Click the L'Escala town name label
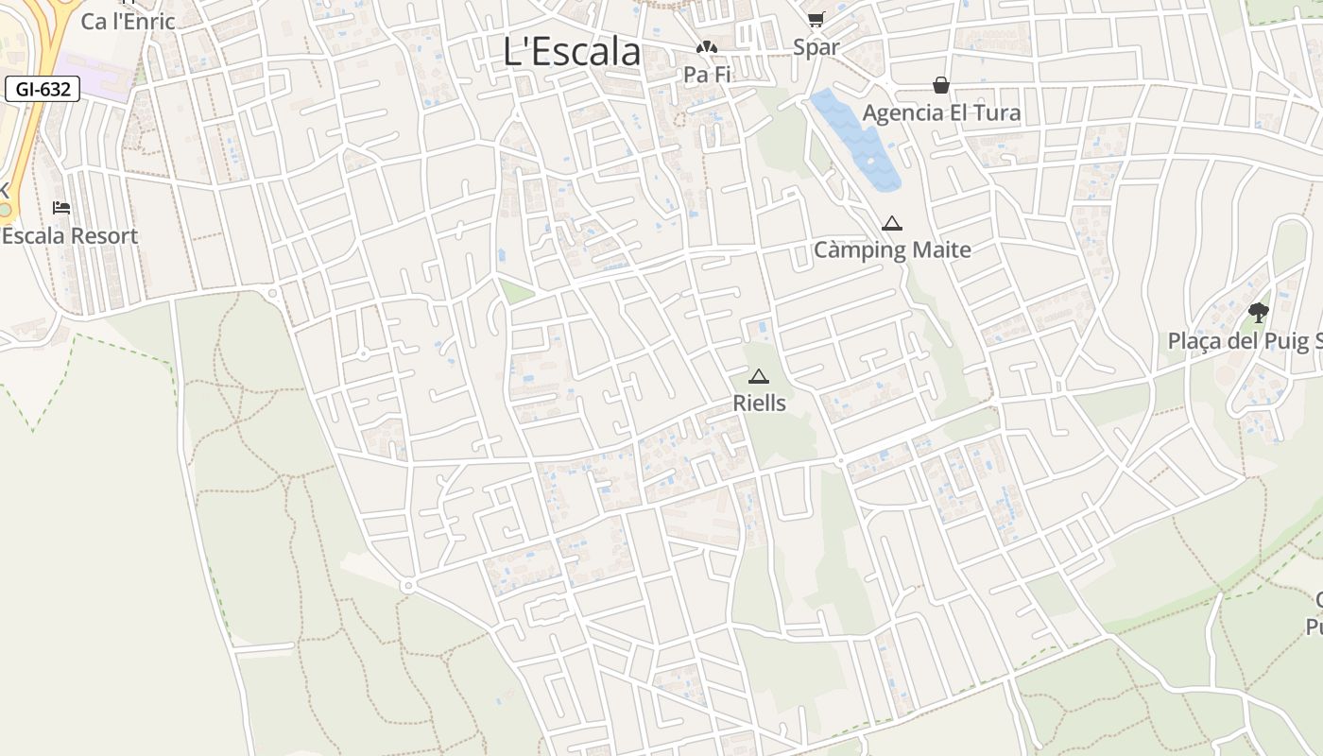572,52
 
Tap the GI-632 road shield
43,90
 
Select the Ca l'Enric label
128,21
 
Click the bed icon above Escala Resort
61,208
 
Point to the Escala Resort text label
70,236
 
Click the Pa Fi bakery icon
706,47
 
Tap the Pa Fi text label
708,74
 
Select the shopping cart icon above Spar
816,19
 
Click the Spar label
816,47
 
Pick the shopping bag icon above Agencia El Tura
941,85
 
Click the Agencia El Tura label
941,113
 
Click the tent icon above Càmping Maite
891,224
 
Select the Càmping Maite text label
892,250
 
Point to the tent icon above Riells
759,376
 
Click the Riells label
759,404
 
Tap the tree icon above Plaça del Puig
1258,312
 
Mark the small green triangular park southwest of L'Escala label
514,291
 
